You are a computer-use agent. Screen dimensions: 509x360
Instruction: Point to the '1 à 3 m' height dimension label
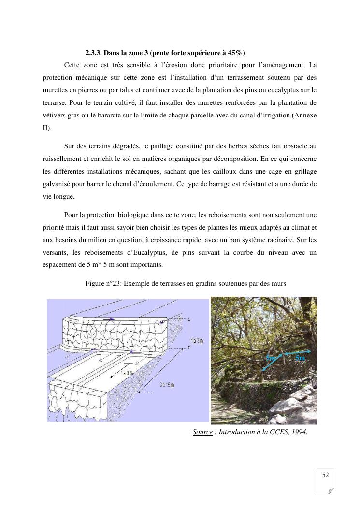pos(197,341)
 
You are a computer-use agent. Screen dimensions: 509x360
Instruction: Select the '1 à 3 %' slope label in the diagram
pos(127,373)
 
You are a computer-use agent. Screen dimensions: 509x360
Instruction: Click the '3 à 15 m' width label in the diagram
pos(167,384)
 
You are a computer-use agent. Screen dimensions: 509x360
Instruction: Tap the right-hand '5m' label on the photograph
pos(300,358)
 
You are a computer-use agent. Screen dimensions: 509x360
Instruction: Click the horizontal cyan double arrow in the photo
pos(296,353)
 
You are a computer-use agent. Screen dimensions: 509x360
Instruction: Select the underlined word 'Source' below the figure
pos(202,432)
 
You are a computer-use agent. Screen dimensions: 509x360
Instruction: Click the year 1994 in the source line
pos(298,432)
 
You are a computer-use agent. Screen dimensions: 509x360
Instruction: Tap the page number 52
pos(325,475)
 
